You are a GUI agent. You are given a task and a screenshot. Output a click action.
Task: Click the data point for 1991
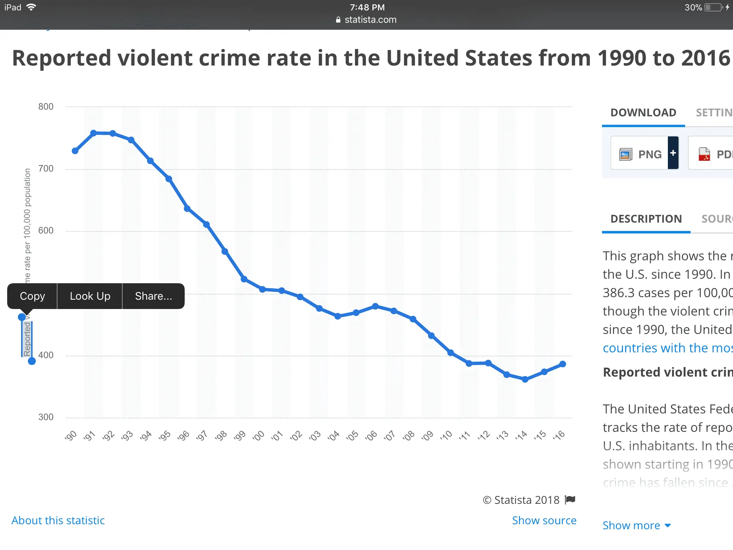click(93, 133)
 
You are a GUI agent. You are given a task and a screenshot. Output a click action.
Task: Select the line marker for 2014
click(525, 379)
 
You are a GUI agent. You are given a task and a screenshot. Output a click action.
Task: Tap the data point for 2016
click(563, 364)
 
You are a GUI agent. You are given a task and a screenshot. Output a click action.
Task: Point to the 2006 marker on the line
click(375, 306)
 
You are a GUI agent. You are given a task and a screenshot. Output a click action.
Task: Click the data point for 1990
click(75, 151)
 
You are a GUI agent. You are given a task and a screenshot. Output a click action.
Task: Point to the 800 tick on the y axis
click(46, 107)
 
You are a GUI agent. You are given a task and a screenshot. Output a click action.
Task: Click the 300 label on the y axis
click(46, 417)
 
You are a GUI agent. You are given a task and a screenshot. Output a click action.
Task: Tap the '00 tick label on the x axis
click(258, 436)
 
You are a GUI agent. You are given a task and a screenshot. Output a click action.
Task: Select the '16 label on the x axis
click(559, 436)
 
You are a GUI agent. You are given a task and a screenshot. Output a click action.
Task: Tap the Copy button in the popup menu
click(32, 296)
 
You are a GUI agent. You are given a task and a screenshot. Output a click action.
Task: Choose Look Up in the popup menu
click(90, 296)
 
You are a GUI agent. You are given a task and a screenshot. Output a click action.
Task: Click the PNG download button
click(640, 154)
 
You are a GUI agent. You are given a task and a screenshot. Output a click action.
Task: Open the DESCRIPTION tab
click(646, 219)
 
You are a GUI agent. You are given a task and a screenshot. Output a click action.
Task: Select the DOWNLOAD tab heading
click(643, 113)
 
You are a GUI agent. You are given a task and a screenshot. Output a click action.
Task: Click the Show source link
click(544, 520)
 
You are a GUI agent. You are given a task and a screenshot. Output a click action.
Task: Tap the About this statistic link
click(58, 520)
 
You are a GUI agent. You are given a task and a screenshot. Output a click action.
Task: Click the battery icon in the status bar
click(713, 8)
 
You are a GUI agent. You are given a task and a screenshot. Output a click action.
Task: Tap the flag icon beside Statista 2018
click(570, 500)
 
